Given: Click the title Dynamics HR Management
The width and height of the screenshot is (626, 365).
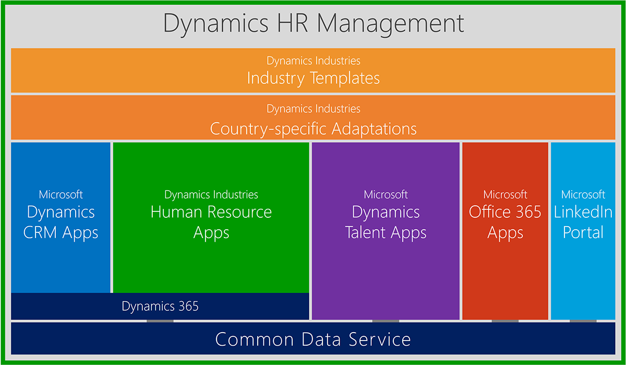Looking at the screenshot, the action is pyautogui.click(x=314, y=24).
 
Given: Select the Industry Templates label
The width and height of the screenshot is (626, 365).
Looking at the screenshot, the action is pyautogui.click(x=314, y=78).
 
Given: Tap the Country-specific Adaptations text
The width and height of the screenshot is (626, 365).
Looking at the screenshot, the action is pyautogui.click(x=314, y=129).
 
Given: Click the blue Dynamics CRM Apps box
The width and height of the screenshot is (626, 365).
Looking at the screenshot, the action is pyautogui.click(x=61, y=218).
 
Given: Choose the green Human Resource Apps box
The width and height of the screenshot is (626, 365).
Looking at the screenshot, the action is pyautogui.click(x=211, y=218).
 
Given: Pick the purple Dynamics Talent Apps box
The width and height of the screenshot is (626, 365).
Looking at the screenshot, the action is pyautogui.click(x=386, y=231).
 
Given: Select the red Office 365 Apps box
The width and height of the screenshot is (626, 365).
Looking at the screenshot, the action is pyautogui.click(x=505, y=231).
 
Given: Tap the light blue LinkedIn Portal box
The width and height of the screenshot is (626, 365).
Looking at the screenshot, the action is pyautogui.click(x=583, y=231).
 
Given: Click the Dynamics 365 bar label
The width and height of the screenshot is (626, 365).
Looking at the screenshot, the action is pyautogui.click(x=160, y=306).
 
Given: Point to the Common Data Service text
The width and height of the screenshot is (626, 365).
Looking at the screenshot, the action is pyautogui.click(x=313, y=339).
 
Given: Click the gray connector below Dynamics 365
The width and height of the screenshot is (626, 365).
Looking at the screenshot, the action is pyautogui.click(x=160, y=321).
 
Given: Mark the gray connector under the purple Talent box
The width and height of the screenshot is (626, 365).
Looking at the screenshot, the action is pyautogui.click(x=386, y=321).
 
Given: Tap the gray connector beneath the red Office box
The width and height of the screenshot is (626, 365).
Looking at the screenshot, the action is pyautogui.click(x=505, y=321).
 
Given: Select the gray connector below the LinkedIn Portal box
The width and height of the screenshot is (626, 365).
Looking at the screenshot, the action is pyautogui.click(x=583, y=321).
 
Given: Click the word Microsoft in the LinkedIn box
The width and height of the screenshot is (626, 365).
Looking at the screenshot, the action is pyautogui.click(x=583, y=194).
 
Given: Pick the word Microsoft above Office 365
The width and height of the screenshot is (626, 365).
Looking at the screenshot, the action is pyautogui.click(x=505, y=194).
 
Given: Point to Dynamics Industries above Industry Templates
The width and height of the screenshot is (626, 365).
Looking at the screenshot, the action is pyautogui.click(x=314, y=61).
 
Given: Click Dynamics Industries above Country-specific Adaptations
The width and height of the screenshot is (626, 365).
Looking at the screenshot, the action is pyautogui.click(x=314, y=109).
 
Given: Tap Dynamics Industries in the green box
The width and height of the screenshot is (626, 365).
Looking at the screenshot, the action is pyautogui.click(x=211, y=195).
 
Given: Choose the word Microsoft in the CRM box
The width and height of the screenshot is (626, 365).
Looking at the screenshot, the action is pyautogui.click(x=61, y=194).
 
